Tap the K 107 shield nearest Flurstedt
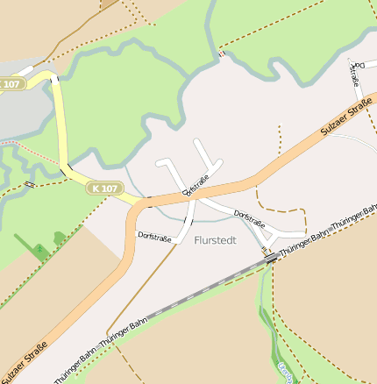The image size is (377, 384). click(104, 188)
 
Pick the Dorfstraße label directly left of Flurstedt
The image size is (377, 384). click(154, 236)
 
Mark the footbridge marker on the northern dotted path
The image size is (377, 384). click(222, 54)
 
